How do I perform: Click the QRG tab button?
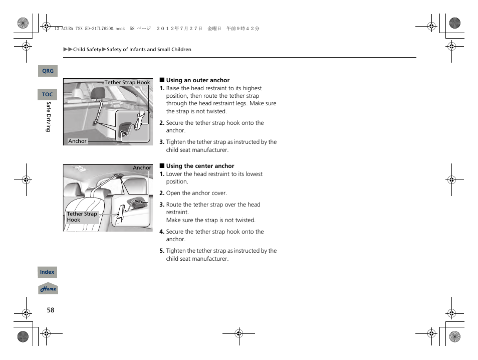click(48, 71)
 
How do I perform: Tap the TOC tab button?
click(48, 94)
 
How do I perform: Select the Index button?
click(47, 272)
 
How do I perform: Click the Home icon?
click(48, 289)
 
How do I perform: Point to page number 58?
click(51, 310)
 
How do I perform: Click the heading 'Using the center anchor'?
click(200, 166)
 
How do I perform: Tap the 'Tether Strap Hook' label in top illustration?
click(127, 83)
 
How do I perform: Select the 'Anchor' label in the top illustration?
click(77, 141)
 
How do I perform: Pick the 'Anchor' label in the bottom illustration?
click(142, 168)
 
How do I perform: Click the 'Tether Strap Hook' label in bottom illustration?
click(82, 217)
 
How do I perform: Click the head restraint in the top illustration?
click(98, 92)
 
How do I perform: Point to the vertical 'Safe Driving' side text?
click(49, 117)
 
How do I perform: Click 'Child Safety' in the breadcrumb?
click(87, 50)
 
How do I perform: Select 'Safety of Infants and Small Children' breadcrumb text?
click(149, 50)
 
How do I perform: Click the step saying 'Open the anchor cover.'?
click(196, 193)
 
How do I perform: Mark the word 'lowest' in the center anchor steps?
click(254, 174)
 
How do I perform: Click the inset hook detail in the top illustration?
click(133, 127)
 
